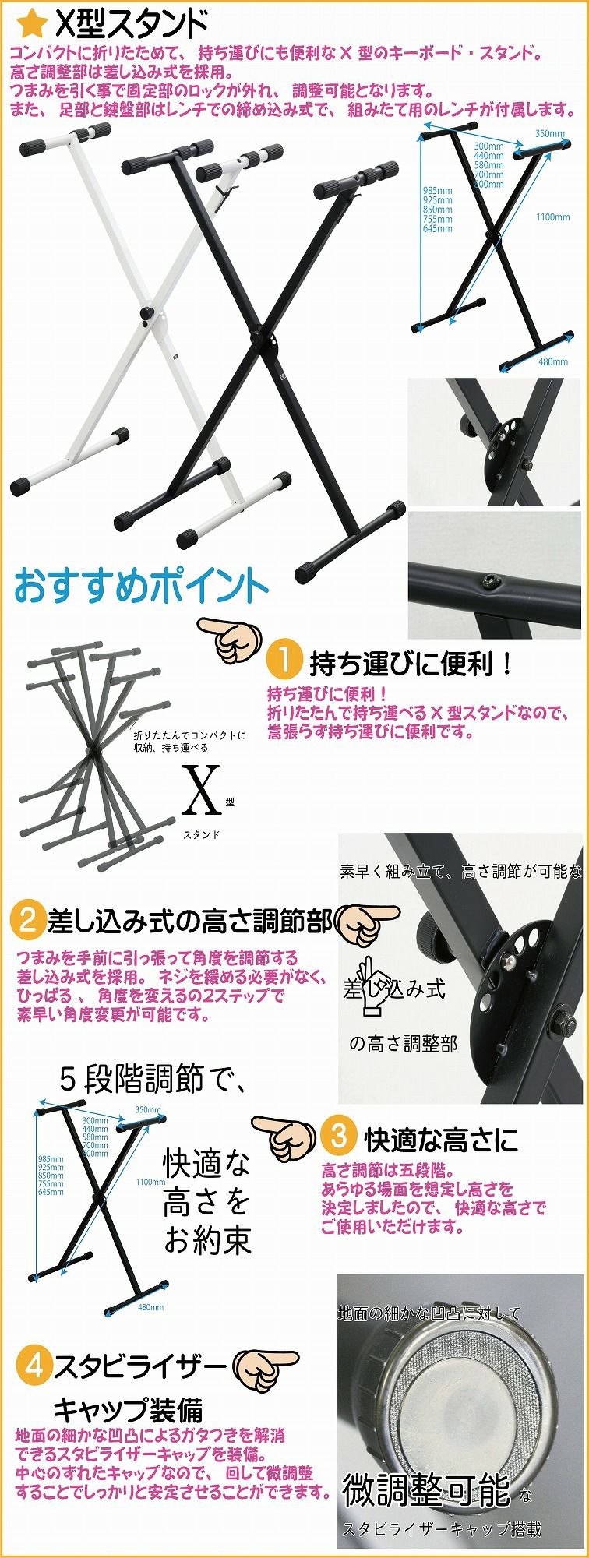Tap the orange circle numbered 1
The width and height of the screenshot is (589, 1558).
coord(284,661)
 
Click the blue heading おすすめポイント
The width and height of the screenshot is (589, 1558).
coord(141,586)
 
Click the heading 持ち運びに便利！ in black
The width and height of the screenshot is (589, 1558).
coord(412,664)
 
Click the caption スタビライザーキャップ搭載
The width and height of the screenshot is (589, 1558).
coord(442,1529)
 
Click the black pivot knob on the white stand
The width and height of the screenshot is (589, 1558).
coord(146,313)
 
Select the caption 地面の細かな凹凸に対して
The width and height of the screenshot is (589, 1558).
coord(429,1313)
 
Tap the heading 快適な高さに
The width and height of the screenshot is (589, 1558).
coord(441,1140)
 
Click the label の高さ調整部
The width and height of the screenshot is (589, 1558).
coord(403,1043)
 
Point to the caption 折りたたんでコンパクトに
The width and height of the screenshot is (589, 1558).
coord(189,735)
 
